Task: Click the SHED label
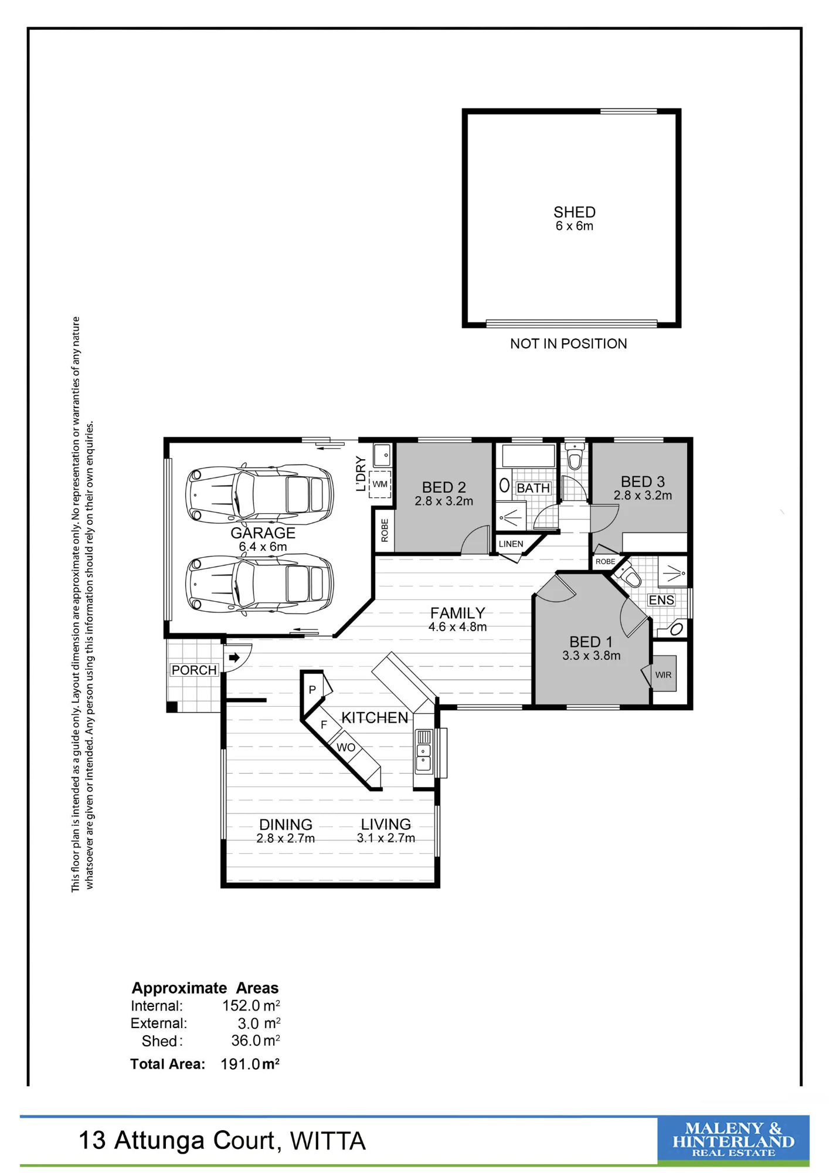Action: click(575, 212)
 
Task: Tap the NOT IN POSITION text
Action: click(568, 344)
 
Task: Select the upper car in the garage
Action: click(260, 494)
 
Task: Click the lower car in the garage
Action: click(260, 584)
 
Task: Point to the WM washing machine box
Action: click(380, 484)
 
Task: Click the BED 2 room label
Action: click(444, 487)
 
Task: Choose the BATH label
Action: click(533, 488)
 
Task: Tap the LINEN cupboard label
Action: click(511, 544)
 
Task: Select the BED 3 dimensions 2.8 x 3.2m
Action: click(643, 496)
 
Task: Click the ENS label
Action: click(661, 600)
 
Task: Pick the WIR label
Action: click(663, 675)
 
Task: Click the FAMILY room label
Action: click(457, 613)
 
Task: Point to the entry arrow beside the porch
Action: click(234, 657)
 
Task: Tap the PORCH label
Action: click(194, 670)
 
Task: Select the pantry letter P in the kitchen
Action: click(312, 690)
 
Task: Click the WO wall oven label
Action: click(346, 748)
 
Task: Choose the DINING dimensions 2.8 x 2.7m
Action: click(286, 839)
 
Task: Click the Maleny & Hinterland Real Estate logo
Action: click(733, 1140)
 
